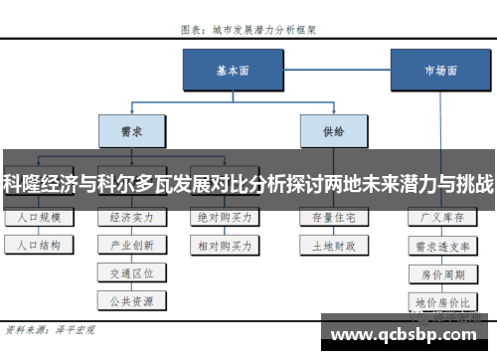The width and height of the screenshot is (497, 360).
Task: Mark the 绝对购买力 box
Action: click(x=224, y=216)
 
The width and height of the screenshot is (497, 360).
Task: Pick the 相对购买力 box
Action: click(x=224, y=244)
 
